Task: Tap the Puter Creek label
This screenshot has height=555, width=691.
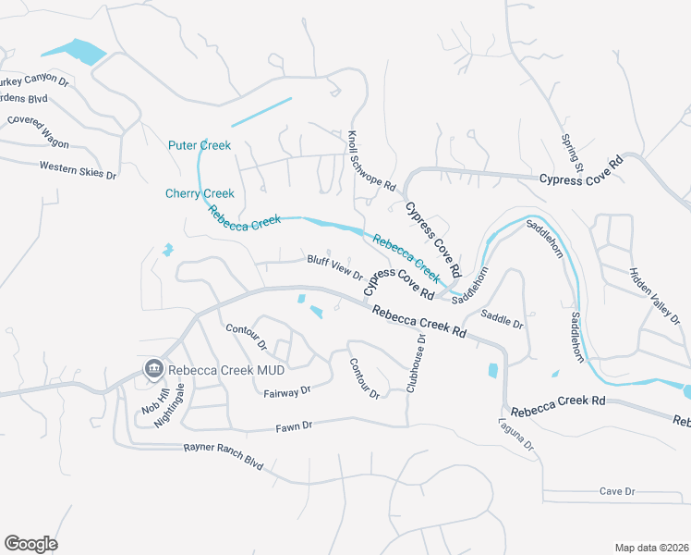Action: [x=200, y=145]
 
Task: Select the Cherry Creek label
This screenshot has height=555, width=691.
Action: [x=200, y=193]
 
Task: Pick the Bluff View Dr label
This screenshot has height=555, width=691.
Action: [x=334, y=267]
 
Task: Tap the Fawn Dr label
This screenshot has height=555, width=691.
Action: [x=295, y=425]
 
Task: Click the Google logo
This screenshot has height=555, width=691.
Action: [x=30, y=544]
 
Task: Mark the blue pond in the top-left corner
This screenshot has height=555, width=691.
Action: [x=74, y=50]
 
